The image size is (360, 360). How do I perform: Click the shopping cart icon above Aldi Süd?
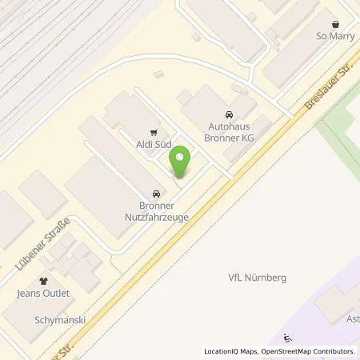pos(154,134)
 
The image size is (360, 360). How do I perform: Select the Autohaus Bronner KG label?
pos(229,130)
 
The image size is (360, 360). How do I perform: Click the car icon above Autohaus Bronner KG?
pos(230,114)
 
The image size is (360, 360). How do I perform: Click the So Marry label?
pos(334,36)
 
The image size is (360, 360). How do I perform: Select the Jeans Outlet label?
pos(46,294)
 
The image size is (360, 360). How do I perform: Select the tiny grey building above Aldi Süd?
pos(158,74)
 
